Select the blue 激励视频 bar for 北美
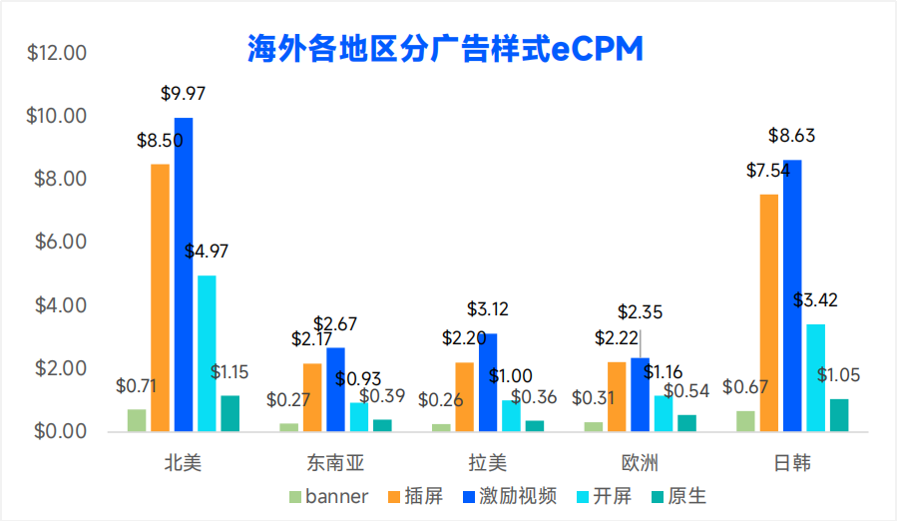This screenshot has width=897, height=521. [x=184, y=274]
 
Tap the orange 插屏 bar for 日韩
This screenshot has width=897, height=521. [x=768, y=312]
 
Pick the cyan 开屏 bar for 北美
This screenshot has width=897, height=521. [x=207, y=353]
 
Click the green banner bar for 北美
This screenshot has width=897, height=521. [x=137, y=420]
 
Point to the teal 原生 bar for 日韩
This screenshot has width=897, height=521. [x=839, y=415]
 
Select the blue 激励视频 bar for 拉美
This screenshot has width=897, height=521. [x=487, y=382]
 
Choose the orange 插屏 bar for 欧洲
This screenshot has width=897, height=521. [x=617, y=396]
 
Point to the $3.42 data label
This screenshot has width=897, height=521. [x=815, y=299]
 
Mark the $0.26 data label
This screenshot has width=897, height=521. [x=440, y=400]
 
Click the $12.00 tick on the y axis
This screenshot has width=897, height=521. [x=58, y=53]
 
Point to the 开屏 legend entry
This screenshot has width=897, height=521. [x=608, y=496]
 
